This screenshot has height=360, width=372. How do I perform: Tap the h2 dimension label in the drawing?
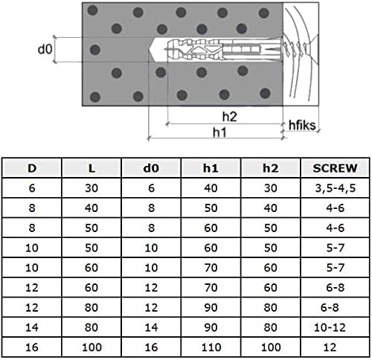coord(229,116)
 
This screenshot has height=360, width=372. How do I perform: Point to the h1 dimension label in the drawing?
coord(219,132)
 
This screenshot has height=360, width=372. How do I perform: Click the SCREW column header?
coord(330,168)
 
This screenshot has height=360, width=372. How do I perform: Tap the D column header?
coord(31,168)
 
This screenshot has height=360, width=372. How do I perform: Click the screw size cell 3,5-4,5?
coord(330,190)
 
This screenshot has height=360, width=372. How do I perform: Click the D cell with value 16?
coord(31,346)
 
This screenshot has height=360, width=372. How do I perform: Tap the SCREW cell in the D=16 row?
coord(330,346)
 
